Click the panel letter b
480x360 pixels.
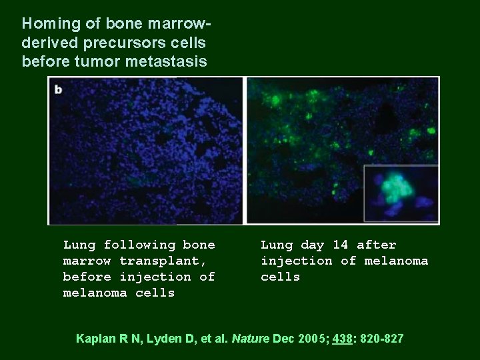click(59, 89)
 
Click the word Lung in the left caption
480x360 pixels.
click(79, 245)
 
